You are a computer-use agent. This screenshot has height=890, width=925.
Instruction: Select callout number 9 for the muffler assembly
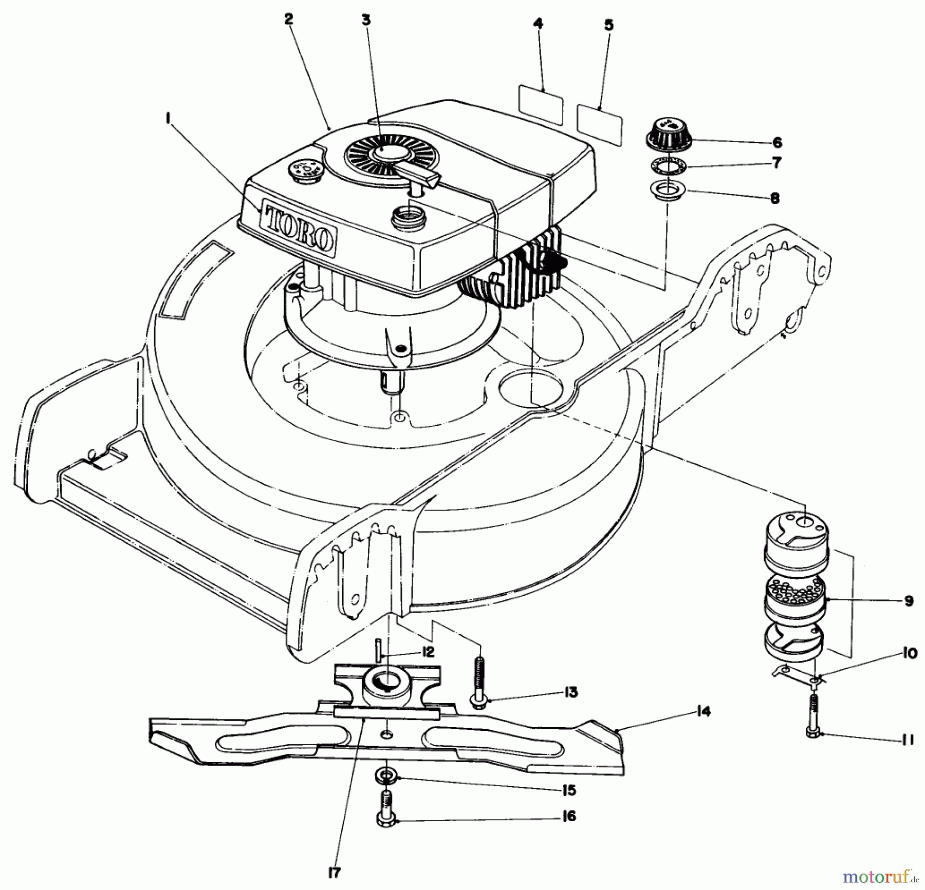pos(908,600)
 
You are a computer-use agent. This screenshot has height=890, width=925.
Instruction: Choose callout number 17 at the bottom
pos(335,872)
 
